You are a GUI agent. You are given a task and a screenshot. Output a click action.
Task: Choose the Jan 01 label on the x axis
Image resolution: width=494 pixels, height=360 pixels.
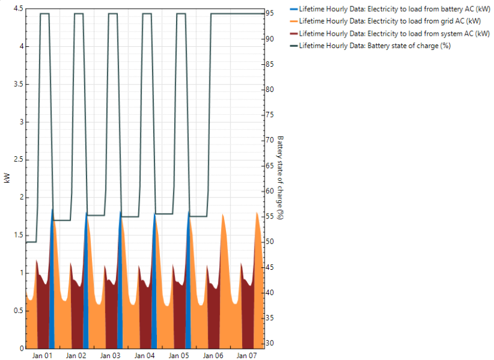coord(42,356)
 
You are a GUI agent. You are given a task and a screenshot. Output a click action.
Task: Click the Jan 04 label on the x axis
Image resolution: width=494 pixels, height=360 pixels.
coord(144,356)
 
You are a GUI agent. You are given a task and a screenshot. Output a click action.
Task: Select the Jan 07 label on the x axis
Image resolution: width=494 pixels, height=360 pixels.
coord(247,356)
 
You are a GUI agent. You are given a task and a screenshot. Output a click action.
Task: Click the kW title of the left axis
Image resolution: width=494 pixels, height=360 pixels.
coord(7,178)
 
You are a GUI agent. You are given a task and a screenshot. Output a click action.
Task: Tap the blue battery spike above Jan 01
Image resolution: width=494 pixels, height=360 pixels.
coord(52,278)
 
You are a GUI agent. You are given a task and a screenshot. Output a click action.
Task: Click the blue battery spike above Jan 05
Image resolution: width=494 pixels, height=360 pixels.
coord(188,278)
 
